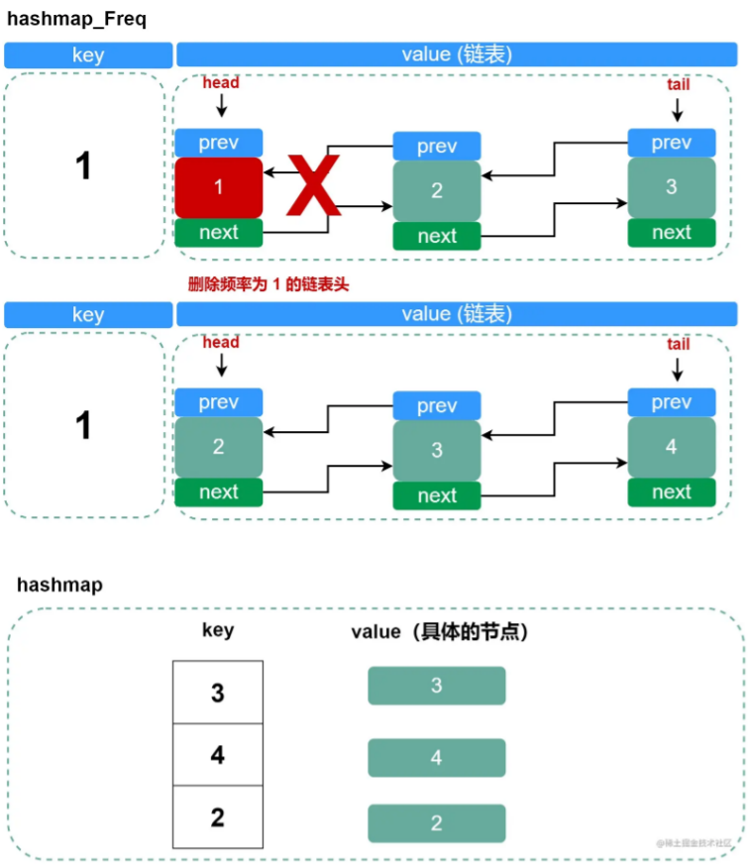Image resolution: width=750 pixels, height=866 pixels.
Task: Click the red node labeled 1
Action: click(219, 187)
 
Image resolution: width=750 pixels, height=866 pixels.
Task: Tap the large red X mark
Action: click(314, 185)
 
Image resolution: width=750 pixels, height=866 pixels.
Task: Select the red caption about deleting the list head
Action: click(268, 284)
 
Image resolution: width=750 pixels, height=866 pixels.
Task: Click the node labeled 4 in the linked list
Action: click(671, 447)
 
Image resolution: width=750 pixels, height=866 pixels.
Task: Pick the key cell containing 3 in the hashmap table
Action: click(218, 693)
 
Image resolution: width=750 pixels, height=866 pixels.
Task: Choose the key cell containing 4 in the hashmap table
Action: click(218, 755)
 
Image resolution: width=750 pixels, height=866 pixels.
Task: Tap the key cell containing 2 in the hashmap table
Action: click(218, 817)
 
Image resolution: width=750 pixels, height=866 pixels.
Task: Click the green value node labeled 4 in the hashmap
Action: click(436, 758)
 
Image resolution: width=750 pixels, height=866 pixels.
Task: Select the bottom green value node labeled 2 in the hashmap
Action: click(436, 823)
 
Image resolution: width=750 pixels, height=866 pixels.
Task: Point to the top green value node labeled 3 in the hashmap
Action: click(436, 686)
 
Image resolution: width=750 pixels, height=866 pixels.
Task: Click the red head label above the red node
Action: click(221, 83)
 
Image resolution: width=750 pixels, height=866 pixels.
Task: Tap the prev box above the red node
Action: click(219, 143)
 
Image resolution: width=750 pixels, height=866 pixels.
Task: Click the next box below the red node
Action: click(219, 232)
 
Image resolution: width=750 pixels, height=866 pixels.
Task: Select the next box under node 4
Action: click(671, 491)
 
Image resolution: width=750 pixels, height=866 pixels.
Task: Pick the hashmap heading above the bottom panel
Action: click(59, 585)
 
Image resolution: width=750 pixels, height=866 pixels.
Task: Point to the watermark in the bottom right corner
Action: click(693, 843)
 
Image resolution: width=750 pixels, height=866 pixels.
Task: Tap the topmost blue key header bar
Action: click(88, 55)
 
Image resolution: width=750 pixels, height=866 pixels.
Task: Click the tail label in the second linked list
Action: click(678, 344)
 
